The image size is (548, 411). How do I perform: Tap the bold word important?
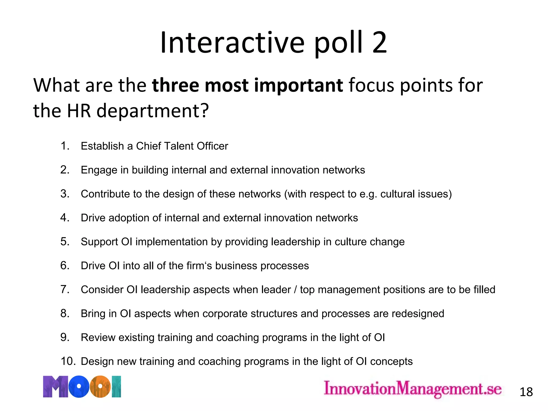298,85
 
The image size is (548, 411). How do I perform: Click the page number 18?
526,392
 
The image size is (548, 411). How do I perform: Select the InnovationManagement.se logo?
413,389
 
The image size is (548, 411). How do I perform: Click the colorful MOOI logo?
82,387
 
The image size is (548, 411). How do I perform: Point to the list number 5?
65,242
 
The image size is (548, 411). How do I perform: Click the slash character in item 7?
295,290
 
